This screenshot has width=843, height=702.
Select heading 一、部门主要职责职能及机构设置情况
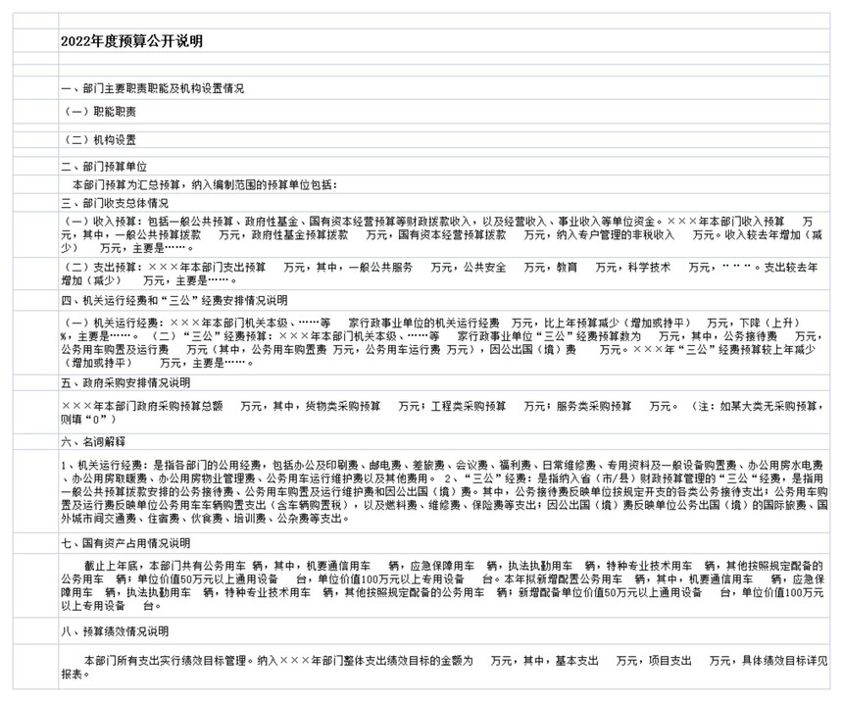click(x=152, y=89)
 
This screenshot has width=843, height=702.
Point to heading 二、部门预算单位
click(x=104, y=167)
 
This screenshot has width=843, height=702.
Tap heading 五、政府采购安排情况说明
click(x=125, y=381)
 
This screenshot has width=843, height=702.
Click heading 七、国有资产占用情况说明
click(x=125, y=543)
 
